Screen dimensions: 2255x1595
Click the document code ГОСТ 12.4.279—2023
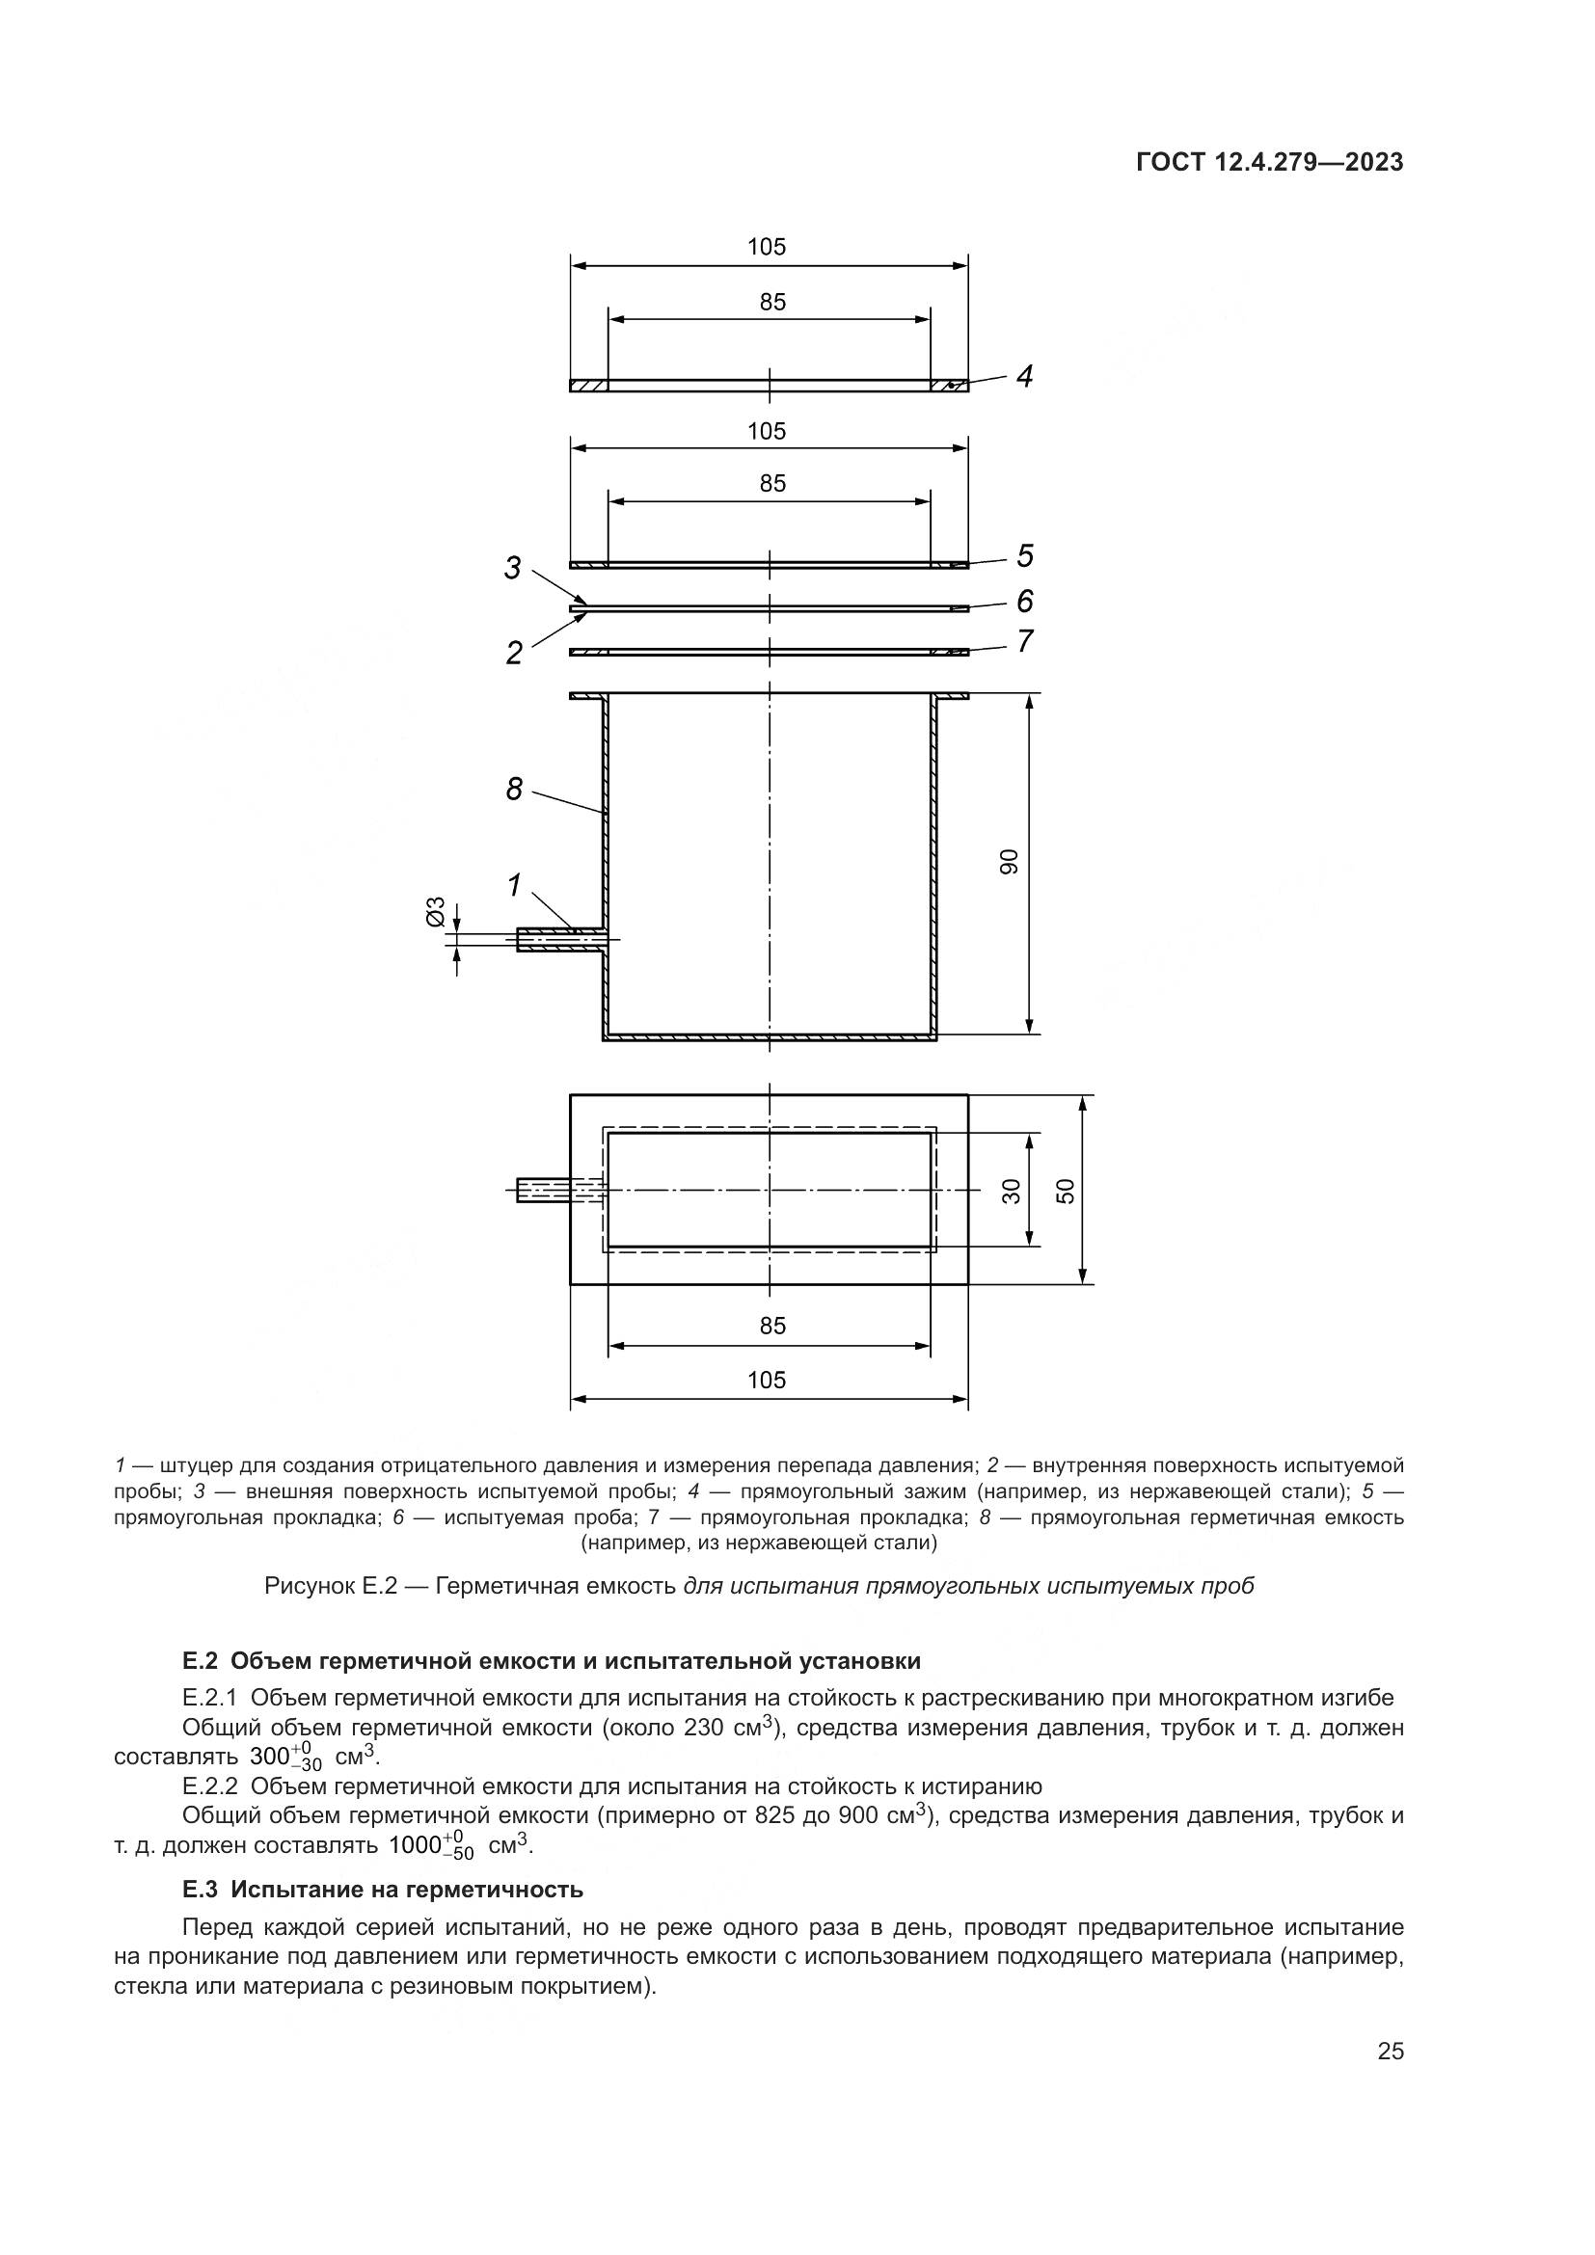tap(1269, 162)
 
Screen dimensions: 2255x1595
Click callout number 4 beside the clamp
tap(1024, 376)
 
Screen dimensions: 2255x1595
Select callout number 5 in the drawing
tap(1024, 556)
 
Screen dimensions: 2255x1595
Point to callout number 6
tap(1024, 600)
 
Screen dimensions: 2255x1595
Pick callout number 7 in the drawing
tap(1024, 640)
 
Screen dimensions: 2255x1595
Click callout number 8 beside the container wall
tap(514, 789)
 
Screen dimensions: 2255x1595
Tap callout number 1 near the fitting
tap(514, 885)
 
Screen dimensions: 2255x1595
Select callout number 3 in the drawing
tap(513, 568)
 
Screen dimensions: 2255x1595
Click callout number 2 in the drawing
tap(514, 652)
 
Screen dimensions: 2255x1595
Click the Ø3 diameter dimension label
tap(435, 910)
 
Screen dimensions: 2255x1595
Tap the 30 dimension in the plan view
tap(1012, 1191)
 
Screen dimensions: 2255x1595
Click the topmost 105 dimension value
tap(767, 248)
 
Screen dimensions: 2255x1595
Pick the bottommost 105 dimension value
tap(767, 1380)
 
